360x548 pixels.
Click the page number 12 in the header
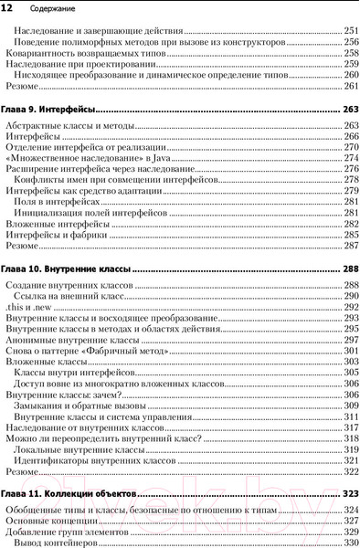7,8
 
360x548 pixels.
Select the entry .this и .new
29,308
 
